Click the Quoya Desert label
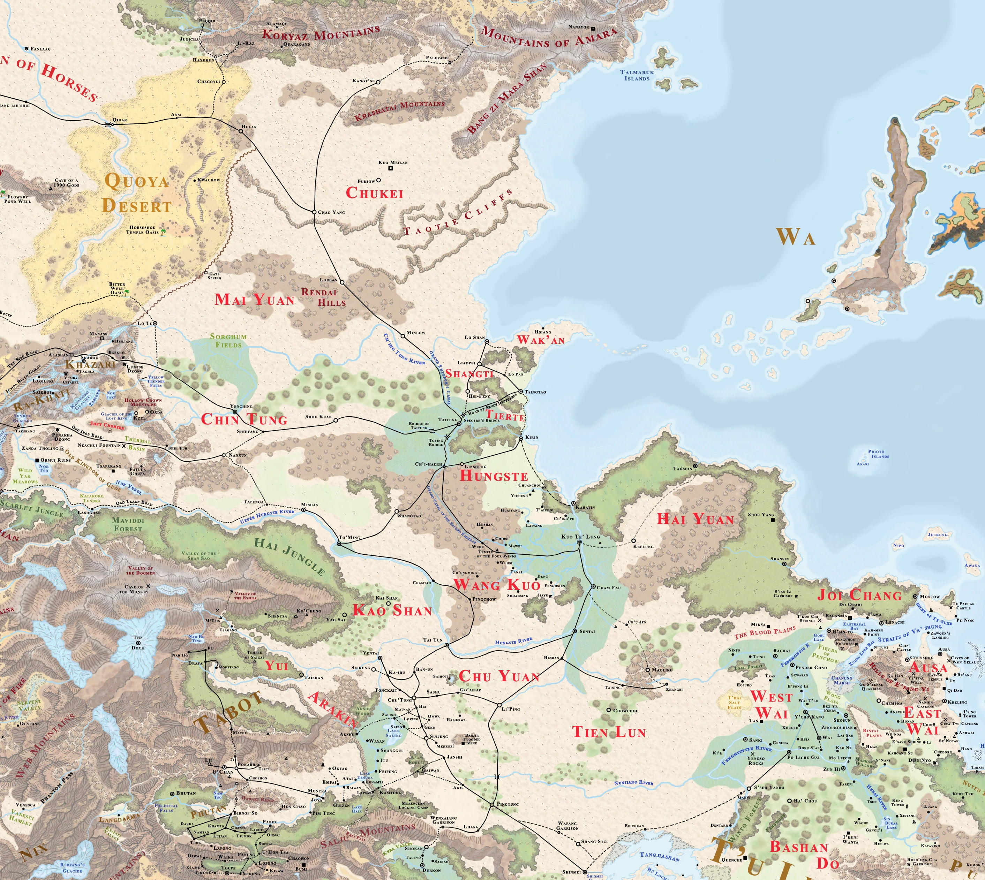coord(137,194)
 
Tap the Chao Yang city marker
coord(314,212)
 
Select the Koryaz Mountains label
coord(321,34)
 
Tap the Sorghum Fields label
coord(228,340)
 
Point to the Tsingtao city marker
coord(520,392)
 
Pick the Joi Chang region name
coord(860,595)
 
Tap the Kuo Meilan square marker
coord(380,162)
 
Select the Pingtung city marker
coord(492,805)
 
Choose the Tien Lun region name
coord(609,732)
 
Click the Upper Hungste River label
coord(267,516)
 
